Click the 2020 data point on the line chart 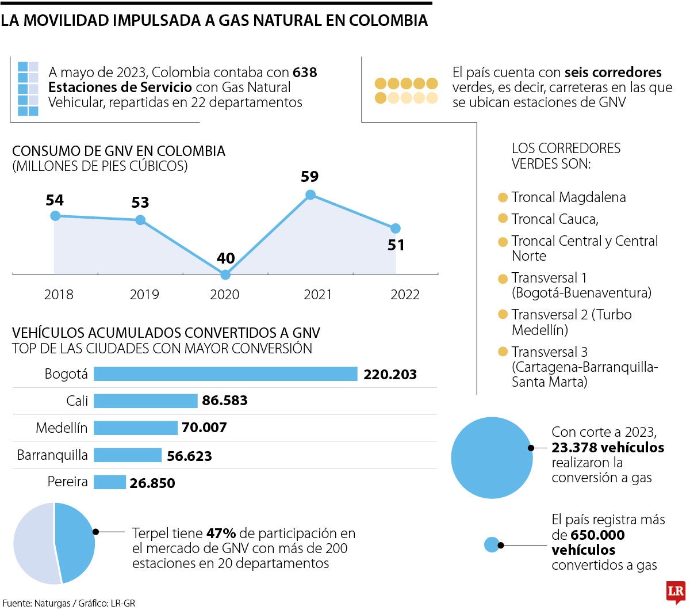[x=225, y=274]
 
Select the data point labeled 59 [x=310, y=195]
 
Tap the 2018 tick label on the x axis [x=59, y=295]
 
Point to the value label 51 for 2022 [x=396, y=245]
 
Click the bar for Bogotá [x=225, y=374]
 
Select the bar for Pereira [x=109, y=482]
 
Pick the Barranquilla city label [x=52, y=455]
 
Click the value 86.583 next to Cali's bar [x=225, y=401]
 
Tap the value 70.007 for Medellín [x=204, y=428]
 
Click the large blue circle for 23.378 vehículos [x=492, y=457]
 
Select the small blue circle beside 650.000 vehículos [x=492, y=544]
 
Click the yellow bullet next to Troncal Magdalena [x=503, y=197]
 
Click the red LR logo [x=676, y=592]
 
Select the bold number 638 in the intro [x=305, y=73]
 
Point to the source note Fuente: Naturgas [x=34, y=603]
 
